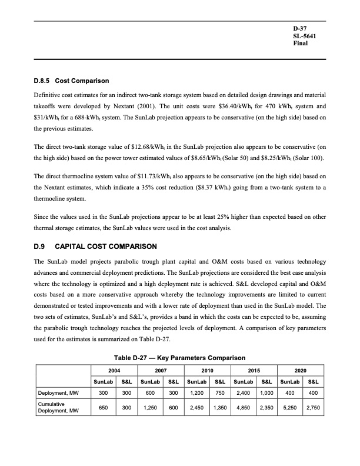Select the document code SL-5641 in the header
pyautogui.click(x=305, y=36)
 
